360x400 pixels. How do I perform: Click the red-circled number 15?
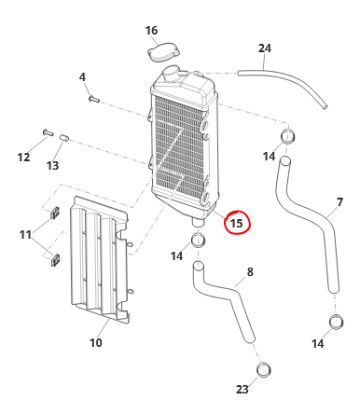pos(236,223)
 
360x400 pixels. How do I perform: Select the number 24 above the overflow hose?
pos(265,48)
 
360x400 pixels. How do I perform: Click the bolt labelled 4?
pos(93,99)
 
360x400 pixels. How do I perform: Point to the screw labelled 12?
pos(48,132)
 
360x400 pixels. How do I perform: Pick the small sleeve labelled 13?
pos(64,137)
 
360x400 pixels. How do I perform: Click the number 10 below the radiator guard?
pos(96,342)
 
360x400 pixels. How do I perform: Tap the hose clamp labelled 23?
pos(264,370)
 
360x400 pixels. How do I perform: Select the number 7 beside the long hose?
pos(339,202)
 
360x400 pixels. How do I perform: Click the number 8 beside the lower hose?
pos(250,272)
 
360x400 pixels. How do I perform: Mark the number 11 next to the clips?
pos(25,234)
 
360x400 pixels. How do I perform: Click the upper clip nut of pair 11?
pos(55,213)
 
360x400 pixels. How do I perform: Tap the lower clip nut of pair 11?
pos(55,260)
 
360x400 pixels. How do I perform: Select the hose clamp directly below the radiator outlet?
pos(198,240)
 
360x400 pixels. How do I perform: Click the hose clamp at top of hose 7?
pos(288,136)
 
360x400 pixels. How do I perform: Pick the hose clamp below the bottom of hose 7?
pos(336,322)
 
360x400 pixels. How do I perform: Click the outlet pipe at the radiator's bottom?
pos(198,222)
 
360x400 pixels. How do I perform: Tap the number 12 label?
pos(23,157)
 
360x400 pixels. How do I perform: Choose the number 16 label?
pos(151,31)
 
